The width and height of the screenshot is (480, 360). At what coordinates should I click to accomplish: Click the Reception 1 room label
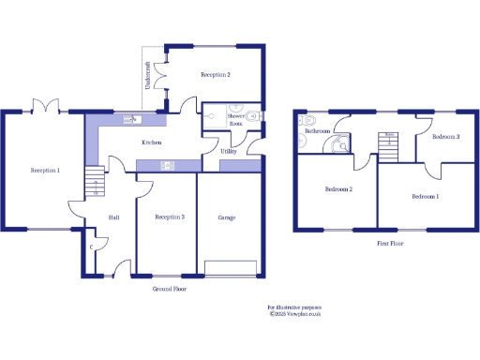45,170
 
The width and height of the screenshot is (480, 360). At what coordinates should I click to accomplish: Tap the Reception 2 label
216,73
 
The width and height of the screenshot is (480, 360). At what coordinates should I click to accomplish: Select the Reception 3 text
170,217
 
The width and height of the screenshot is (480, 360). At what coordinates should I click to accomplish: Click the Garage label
226,217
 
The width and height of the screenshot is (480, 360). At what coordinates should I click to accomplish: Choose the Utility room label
229,150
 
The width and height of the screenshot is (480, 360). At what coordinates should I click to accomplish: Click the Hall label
113,217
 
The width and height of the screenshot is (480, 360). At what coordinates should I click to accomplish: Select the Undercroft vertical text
147,77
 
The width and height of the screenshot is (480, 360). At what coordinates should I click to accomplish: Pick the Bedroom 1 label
426,197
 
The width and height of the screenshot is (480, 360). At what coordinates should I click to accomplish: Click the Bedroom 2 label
338,188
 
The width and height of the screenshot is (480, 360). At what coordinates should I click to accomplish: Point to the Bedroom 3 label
445,137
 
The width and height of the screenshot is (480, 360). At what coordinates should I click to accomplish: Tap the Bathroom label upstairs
318,131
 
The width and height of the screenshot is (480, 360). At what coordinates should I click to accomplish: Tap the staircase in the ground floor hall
93,182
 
